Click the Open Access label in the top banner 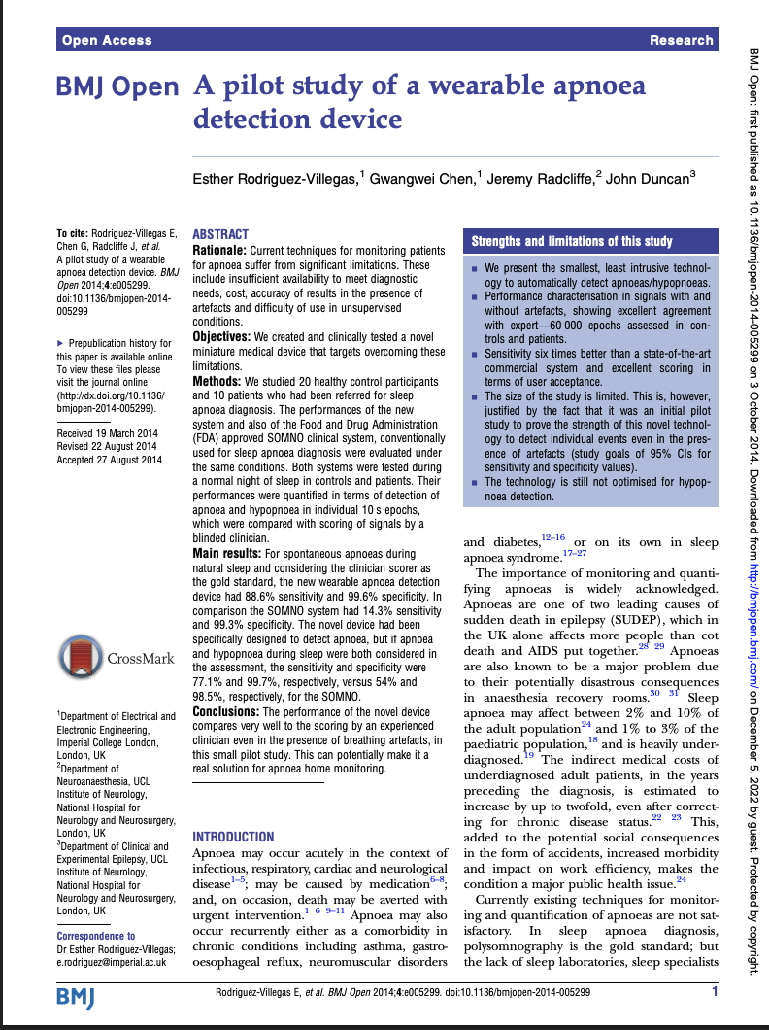click(107, 40)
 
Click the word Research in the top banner click(682, 40)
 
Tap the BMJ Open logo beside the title click(117, 88)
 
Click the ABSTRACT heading click(220, 234)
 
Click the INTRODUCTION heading click(233, 837)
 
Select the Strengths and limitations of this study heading click(572, 241)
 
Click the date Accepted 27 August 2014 click(110, 460)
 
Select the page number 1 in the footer click(715, 992)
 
